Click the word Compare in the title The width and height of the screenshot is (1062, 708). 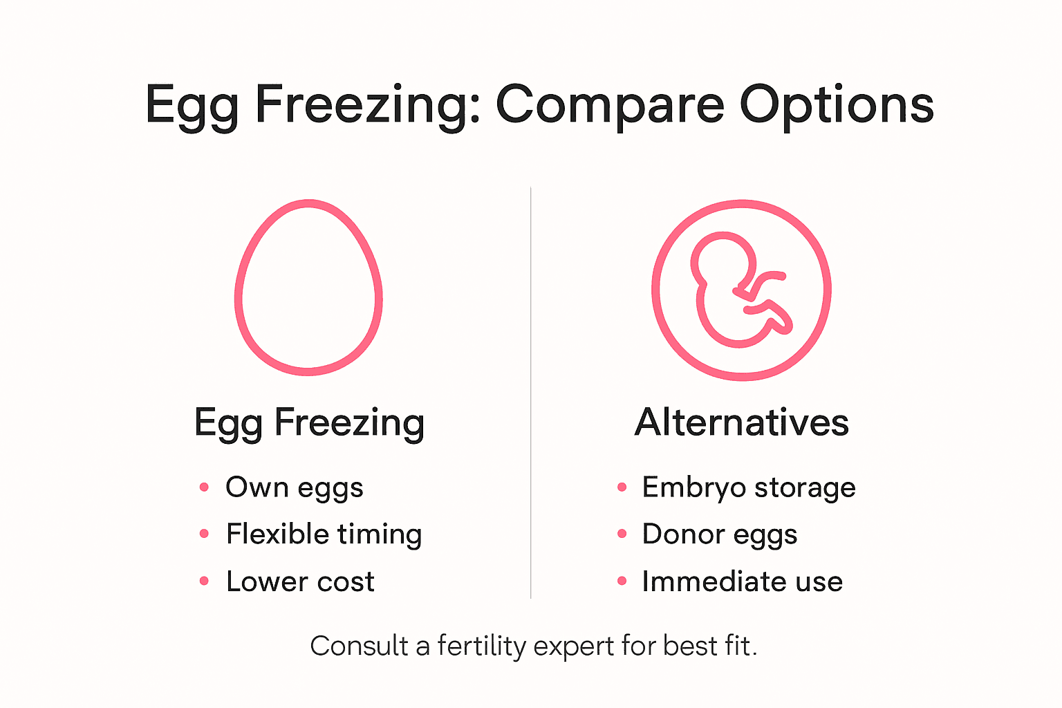610,105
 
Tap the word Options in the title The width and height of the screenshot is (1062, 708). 837,105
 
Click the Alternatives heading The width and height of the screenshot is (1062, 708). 741,422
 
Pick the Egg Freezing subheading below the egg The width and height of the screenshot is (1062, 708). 309,422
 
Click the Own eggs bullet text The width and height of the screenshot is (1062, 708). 294,487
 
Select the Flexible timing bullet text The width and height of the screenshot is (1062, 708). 324,534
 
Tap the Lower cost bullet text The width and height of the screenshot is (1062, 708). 300,581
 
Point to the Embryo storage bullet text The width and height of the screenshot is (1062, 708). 749,487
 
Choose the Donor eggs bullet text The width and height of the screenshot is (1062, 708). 719,534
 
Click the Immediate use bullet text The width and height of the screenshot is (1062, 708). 742,581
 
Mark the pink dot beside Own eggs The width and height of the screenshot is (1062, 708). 204,487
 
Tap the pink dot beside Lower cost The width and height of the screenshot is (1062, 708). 204,581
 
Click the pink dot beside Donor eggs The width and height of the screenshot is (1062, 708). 622,534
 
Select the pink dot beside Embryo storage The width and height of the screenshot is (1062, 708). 622,487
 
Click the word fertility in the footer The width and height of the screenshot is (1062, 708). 481,646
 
